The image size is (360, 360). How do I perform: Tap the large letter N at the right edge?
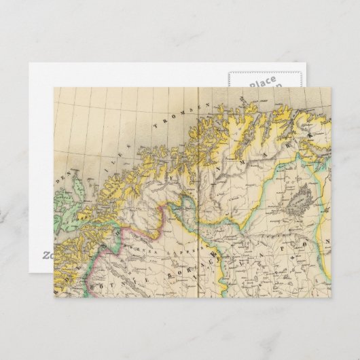click(325, 241)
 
